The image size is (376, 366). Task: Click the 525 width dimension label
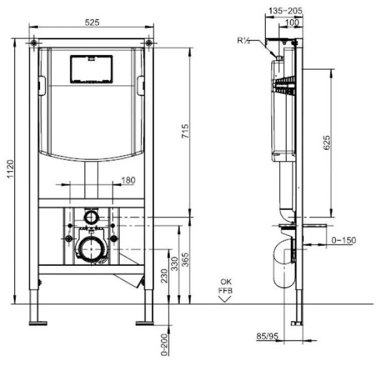click(92, 22)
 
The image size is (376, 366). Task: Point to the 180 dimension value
click(128, 180)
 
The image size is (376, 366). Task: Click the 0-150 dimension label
click(343, 241)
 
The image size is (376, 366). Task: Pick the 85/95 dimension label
click(266, 336)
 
